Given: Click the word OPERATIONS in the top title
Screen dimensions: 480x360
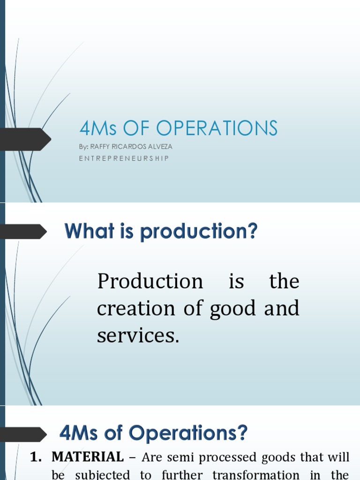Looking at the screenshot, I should point(217,128).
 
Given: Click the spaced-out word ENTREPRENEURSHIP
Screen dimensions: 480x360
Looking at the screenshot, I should point(124,158).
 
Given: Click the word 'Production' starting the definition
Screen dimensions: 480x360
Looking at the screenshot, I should point(150,282).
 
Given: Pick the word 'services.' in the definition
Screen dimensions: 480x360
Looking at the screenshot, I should point(138,335).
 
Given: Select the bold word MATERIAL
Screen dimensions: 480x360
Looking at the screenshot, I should point(88,457).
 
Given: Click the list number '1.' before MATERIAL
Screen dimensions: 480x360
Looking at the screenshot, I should point(37,457).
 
